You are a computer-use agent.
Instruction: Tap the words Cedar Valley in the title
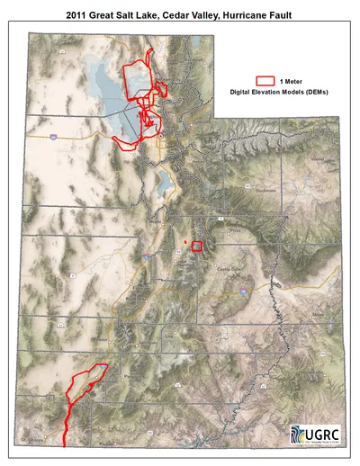point(185,15)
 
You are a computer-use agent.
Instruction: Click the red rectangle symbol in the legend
point(265,80)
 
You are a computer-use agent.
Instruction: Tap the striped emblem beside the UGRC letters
point(299,434)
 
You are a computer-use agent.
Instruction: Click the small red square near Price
point(198,246)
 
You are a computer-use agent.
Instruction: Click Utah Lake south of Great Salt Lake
point(165,185)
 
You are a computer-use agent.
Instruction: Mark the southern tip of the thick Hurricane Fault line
point(65,444)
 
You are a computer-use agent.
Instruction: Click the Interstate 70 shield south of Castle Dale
point(244,291)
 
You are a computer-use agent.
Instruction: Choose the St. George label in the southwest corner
point(36,438)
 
